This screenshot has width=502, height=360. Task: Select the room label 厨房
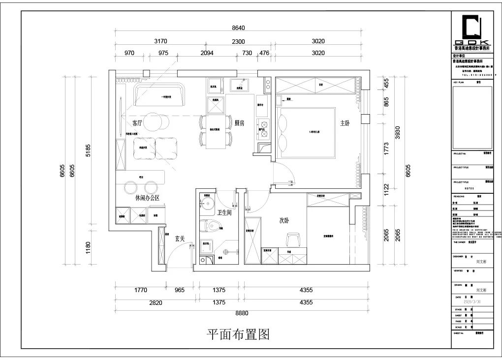pyautogui.click(x=240, y=123)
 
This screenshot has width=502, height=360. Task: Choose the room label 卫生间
pyautogui.click(x=225, y=212)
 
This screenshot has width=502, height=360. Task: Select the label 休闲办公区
pyautogui.click(x=147, y=198)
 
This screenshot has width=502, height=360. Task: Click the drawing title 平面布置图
pyautogui.click(x=238, y=335)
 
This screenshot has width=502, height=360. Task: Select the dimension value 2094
pyautogui.click(x=207, y=53)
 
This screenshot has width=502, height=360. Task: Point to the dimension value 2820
pyautogui.click(x=156, y=303)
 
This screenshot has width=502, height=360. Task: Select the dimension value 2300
pyautogui.click(x=238, y=41)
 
